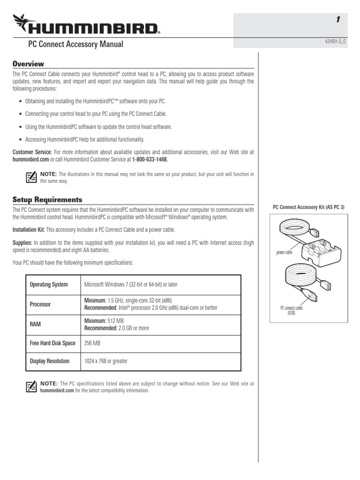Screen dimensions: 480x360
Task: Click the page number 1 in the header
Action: point(337,20)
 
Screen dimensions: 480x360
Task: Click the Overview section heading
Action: point(28,64)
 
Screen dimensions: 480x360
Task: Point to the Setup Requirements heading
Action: point(47,200)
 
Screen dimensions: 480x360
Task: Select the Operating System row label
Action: point(49,285)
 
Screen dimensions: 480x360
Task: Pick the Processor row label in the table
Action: point(40,304)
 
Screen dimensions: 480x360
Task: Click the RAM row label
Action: point(35,324)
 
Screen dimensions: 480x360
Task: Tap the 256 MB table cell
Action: point(92,343)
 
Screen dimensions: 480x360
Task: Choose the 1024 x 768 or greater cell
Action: point(105,361)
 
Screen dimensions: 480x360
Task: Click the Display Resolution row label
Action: point(49,361)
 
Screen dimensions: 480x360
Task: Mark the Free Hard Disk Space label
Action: point(52,343)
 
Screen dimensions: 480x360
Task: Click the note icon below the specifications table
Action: point(31,386)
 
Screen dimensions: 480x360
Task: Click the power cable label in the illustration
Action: point(284,252)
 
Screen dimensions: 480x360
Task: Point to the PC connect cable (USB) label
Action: point(292,310)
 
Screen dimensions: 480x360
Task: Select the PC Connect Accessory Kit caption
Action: point(308,207)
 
